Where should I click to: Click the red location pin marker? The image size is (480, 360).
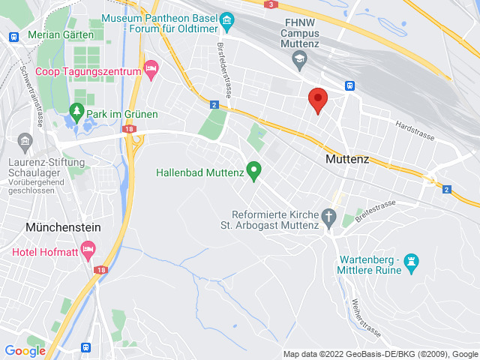318,100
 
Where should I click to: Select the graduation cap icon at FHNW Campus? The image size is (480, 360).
300,57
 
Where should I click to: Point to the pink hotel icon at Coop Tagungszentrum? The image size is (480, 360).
151,70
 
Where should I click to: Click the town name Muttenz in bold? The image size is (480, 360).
349,159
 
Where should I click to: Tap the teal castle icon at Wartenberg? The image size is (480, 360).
410,261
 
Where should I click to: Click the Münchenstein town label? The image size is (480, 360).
52,226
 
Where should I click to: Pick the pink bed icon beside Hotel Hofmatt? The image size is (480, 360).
88,248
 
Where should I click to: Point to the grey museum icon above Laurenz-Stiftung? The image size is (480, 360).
23,141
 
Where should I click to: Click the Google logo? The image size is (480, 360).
25,350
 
